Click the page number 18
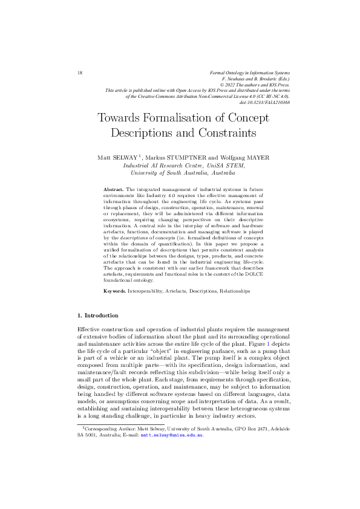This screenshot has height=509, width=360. click(80, 73)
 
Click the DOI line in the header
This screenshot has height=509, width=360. click(265, 103)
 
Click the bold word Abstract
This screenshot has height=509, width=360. click(114, 189)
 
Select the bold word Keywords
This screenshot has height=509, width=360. click(115, 291)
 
